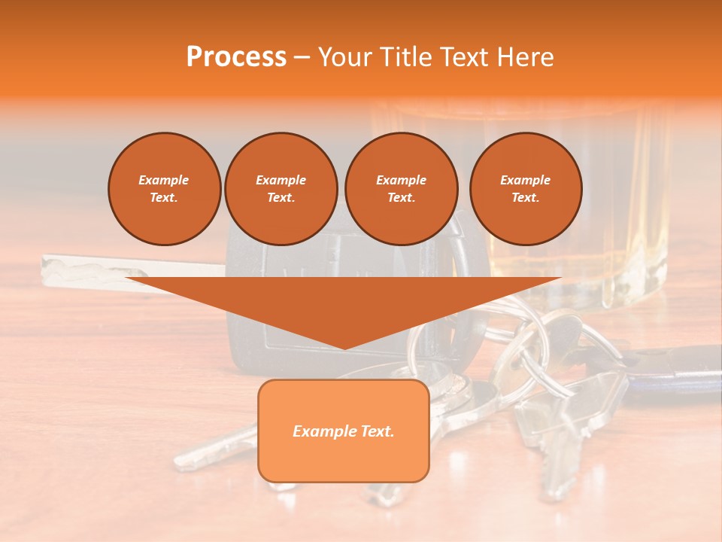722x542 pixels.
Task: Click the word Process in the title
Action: [236, 57]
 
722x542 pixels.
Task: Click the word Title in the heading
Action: [403, 57]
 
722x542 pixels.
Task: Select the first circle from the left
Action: [164, 189]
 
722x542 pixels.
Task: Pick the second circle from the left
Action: [281, 189]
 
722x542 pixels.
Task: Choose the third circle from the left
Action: [401, 189]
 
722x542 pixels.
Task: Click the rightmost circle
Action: [525, 189]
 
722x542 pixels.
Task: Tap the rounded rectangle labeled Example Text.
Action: [343, 431]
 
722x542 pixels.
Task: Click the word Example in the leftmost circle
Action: [164, 180]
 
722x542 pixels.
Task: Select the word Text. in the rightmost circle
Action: [525, 198]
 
